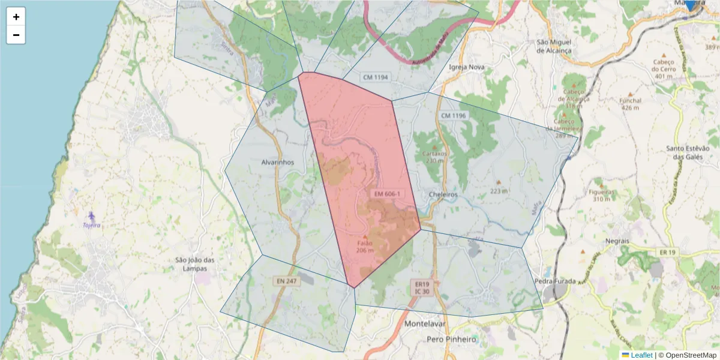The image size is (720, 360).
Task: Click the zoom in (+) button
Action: pyautogui.click(x=16, y=17)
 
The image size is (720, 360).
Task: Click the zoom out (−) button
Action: pyautogui.click(x=16, y=35)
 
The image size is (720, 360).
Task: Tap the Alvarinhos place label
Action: pyautogui.click(x=278, y=162)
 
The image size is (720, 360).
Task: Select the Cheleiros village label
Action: pyautogui.click(x=443, y=194)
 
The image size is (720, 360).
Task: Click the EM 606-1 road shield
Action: pyautogui.click(x=387, y=194)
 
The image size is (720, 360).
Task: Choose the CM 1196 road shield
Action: pyautogui.click(x=453, y=115)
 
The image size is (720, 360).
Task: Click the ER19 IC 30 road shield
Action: pyautogui.click(x=422, y=287)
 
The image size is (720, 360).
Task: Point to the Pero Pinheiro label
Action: pyautogui.click(x=451, y=339)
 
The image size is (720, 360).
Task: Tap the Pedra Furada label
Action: pyautogui.click(x=555, y=281)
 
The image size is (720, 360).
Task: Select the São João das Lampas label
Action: pyautogui.click(x=194, y=264)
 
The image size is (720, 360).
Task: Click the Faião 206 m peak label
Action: pyautogui.click(x=365, y=247)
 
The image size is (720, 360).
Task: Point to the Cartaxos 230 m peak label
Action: pyautogui.click(x=436, y=157)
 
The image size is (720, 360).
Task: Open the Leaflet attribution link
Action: pyautogui.click(x=641, y=355)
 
